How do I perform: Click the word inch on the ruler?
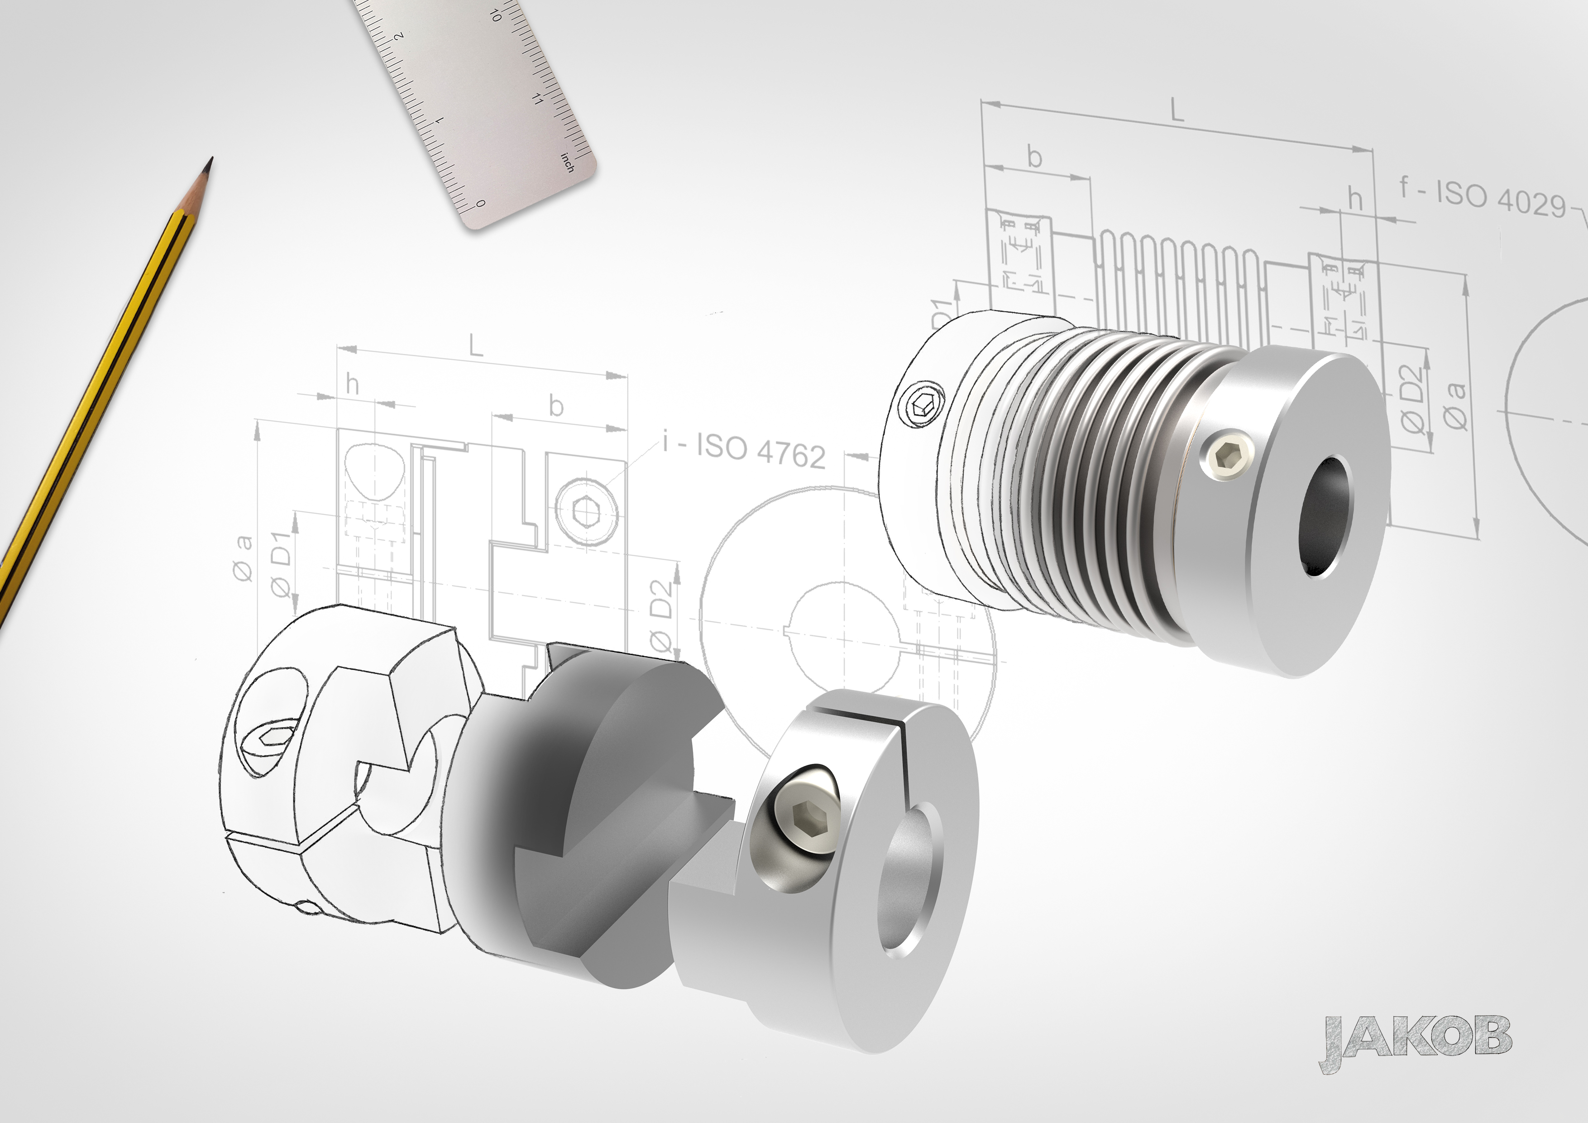coord(567,163)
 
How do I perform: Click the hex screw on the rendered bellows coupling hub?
coord(1235,457)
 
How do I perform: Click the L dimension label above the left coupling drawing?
coord(476,345)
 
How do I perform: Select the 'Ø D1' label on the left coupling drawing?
coord(280,564)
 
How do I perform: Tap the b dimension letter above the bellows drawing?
coord(1035,157)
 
